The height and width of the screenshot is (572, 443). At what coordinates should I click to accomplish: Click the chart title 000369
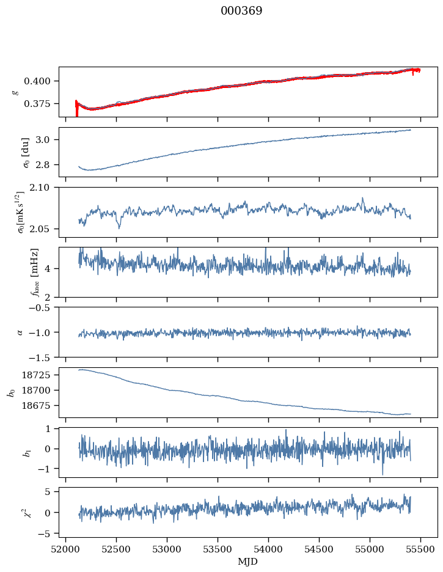241,11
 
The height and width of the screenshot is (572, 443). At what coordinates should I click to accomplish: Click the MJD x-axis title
247,562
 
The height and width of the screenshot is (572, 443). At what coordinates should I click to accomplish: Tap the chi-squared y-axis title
18,512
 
